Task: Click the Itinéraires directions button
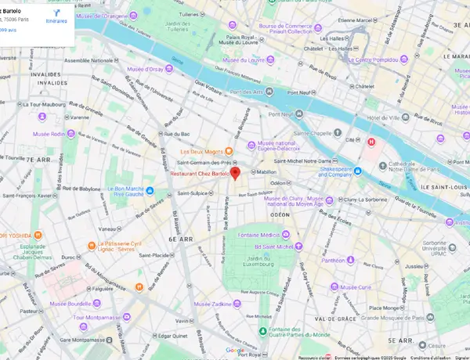coord(55,17)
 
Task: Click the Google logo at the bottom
coord(235,350)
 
